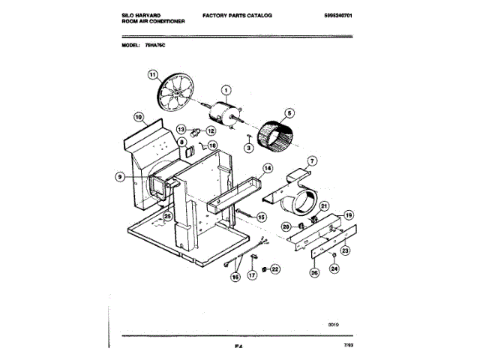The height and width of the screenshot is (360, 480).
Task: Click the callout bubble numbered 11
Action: (153, 75)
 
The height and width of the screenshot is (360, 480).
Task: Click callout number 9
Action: (120, 177)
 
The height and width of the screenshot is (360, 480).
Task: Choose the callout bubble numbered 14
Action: (268, 168)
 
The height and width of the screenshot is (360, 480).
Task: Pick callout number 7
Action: (313, 160)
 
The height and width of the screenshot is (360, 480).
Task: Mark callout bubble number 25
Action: (167, 217)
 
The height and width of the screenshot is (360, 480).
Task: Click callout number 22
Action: (274, 268)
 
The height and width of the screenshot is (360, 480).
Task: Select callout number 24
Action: (334, 268)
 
